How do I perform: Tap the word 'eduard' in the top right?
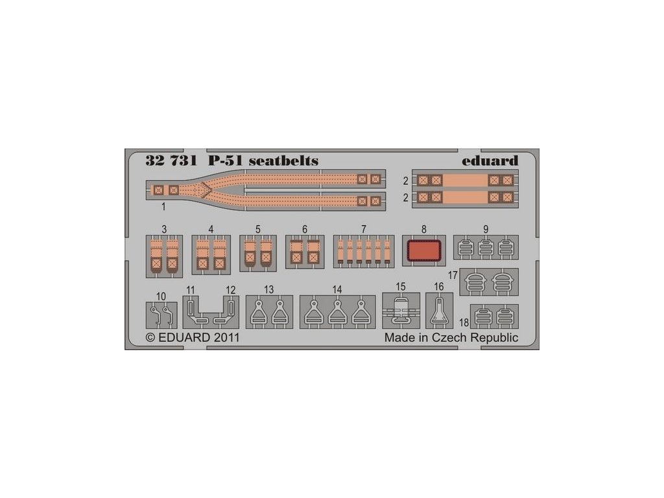[x=492, y=161]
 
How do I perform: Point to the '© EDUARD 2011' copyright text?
[x=184, y=338]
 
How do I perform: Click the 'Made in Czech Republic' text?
[x=451, y=338]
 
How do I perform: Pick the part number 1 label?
[x=163, y=207]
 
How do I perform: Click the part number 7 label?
[x=364, y=229]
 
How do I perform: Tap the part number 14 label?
[x=337, y=289]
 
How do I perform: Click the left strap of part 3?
[x=156, y=253]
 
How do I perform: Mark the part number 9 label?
[x=485, y=229]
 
